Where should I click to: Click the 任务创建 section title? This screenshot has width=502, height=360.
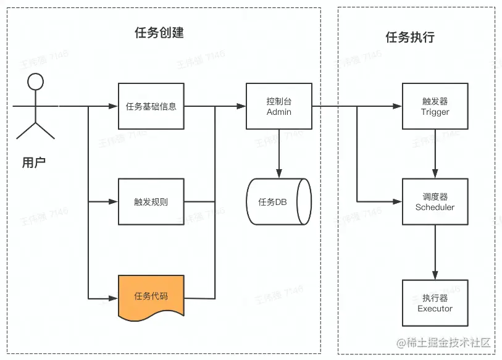(x=159, y=33)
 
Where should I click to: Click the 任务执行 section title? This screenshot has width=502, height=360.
(x=410, y=37)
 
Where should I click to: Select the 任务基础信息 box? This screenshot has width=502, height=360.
(x=151, y=106)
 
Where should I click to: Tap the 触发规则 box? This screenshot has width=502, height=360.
(x=151, y=202)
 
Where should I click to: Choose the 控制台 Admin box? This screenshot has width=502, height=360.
(x=278, y=106)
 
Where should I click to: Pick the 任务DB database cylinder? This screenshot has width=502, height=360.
(x=278, y=202)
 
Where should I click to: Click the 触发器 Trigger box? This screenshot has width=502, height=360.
(x=435, y=106)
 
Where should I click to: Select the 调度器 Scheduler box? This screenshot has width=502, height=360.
(x=435, y=202)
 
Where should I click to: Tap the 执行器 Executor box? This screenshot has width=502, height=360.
(x=435, y=303)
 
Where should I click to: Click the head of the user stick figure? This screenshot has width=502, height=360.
(x=36, y=82)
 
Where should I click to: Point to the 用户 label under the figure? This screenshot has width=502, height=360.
(x=33, y=163)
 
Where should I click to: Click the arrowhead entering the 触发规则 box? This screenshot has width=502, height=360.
(x=114, y=202)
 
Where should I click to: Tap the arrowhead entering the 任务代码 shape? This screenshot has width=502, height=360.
(x=114, y=298)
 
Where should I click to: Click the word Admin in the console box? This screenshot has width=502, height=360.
(x=278, y=112)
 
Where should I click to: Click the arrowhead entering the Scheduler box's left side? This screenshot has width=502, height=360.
(x=398, y=202)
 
